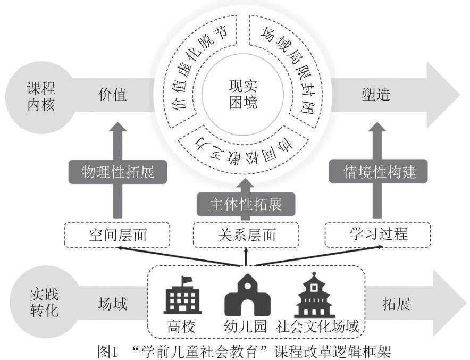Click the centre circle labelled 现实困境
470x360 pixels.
(x=243, y=94)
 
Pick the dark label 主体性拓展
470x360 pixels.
(x=245, y=203)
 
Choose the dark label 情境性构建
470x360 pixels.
(x=378, y=171)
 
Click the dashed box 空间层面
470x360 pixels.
(x=117, y=235)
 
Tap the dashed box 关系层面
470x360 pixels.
(x=246, y=235)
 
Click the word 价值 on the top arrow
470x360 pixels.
(x=113, y=95)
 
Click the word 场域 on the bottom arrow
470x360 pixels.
(x=113, y=304)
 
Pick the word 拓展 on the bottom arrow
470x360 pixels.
(x=396, y=304)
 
